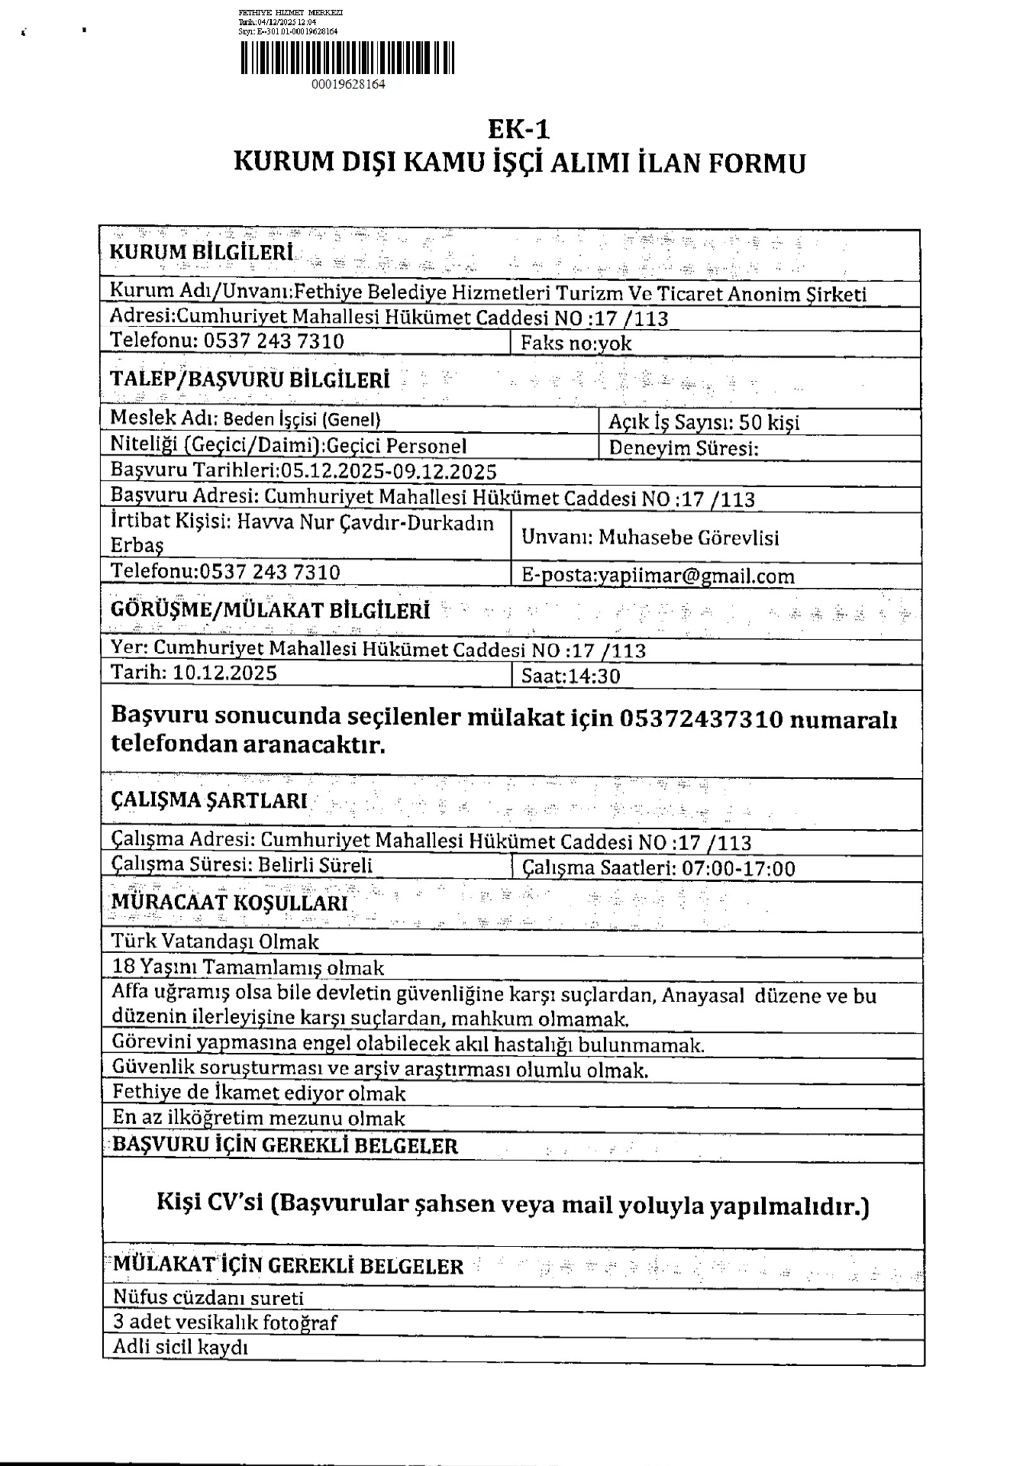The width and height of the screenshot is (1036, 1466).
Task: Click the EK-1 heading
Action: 519,128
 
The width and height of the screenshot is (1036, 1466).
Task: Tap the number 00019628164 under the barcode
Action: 348,85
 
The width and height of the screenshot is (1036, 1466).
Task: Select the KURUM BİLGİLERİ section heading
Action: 202,253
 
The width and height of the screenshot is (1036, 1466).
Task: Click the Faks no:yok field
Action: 576,344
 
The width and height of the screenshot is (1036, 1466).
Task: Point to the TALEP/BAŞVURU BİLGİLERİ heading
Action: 250,379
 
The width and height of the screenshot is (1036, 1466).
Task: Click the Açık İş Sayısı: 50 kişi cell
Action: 704,422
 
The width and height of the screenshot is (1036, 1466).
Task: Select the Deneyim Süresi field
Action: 683,448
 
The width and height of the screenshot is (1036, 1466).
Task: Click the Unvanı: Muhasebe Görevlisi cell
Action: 650,538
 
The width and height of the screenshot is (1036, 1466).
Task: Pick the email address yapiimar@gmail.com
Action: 696,576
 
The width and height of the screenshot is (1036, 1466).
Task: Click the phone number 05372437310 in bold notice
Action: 702,719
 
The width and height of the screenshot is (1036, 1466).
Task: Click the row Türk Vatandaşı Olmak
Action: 215,941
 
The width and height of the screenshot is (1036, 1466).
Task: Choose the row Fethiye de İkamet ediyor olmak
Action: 259,1093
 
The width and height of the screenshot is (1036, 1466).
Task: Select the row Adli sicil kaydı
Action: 181,1346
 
